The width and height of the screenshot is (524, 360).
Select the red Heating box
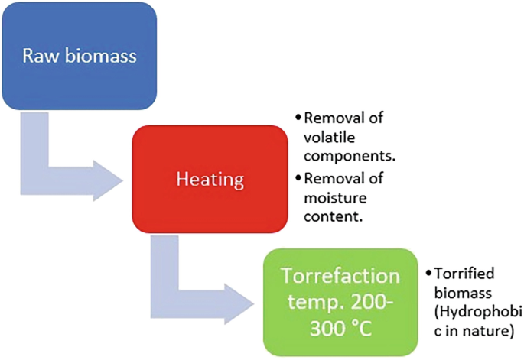pyautogui.click(x=209, y=181)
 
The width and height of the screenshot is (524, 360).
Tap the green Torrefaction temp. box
pyautogui.click(x=342, y=302)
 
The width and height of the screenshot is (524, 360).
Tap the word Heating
pyautogui.click(x=209, y=181)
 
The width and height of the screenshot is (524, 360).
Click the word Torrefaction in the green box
pyautogui.click(x=342, y=276)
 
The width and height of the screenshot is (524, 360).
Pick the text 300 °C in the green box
pyautogui.click(x=342, y=329)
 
